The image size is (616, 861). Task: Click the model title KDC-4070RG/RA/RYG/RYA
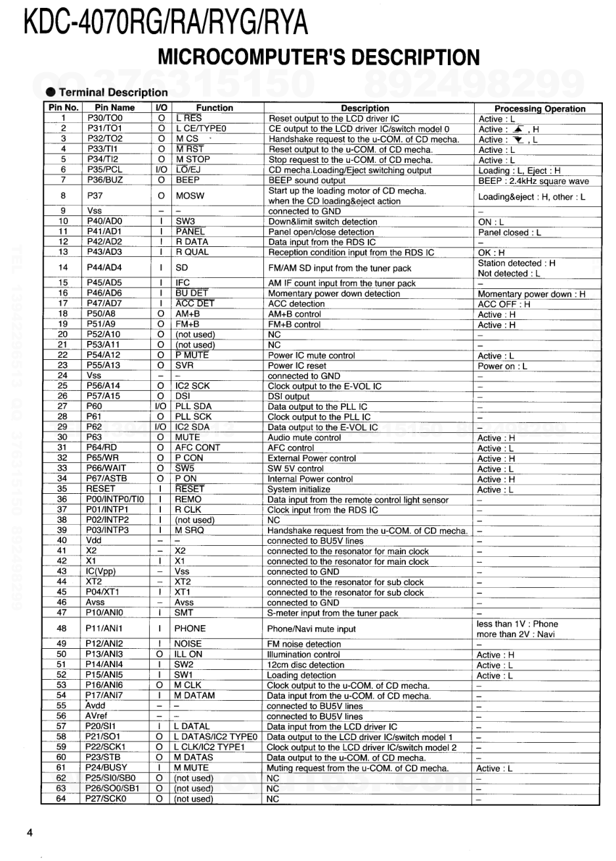coord(165,23)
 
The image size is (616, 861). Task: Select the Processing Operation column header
coord(539,108)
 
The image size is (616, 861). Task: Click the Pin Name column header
coord(114,108)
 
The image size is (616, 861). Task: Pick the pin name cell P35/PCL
coord(105,170)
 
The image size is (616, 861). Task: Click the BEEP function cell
coord(188,181)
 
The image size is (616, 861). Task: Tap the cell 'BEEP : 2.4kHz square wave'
coord(533,181)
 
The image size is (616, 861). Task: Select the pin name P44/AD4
coord(105,268)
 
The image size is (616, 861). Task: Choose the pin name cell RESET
coord(100,489)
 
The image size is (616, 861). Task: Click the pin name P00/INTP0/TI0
coord(115,500)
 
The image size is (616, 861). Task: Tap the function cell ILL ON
coord(189,655)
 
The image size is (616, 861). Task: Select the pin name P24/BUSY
coord(106,768)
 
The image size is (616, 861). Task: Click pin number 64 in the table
coord(62,799)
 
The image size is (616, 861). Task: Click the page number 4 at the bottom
coord(30,833)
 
